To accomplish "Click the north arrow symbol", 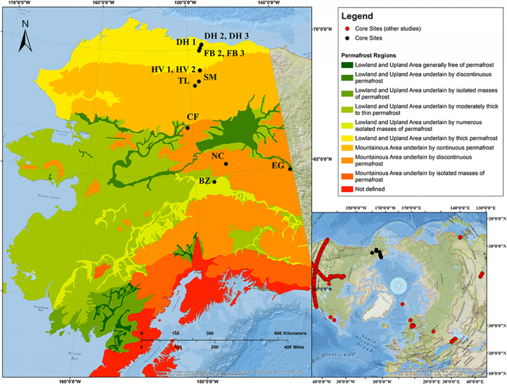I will [x=25, y=37].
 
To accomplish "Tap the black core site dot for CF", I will [x=188, y=128].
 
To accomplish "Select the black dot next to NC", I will [x=226, y=164].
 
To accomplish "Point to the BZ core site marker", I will [x=214, y=182].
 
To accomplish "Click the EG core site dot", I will [x=290, y=169].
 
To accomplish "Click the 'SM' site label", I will [x=210, y=78].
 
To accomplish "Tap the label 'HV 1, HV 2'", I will [x=173, y=69].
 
